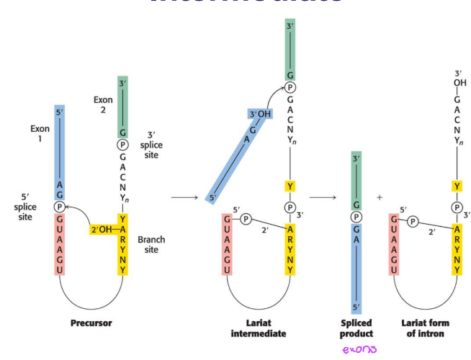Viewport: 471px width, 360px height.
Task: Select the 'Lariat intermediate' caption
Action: click(259, 328)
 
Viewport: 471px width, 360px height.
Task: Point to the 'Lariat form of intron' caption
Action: click(424, 328)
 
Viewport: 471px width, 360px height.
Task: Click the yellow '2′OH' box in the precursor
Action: click(103, 229)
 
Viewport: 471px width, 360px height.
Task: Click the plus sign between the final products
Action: click(380, 197)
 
